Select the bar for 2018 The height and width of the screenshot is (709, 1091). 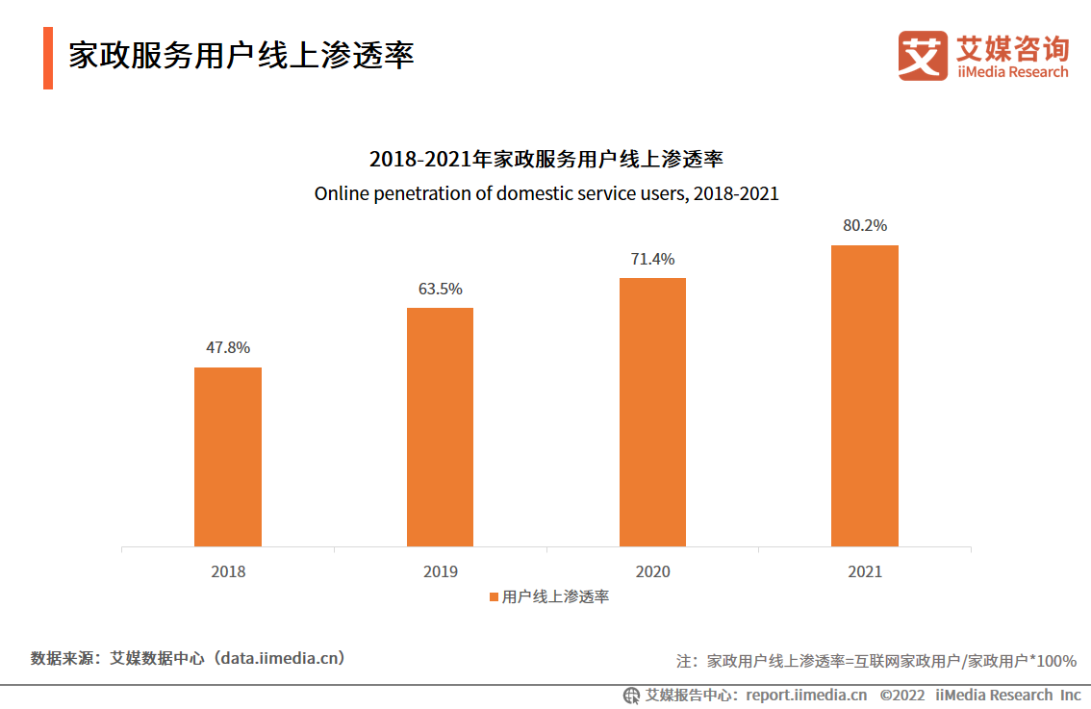click(228, 457)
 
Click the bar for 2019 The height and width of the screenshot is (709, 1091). click(440, 427)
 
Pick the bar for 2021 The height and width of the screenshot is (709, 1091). click(864, 395)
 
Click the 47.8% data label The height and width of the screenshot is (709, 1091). click(228, 347)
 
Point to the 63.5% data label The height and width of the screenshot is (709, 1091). click(440, 289)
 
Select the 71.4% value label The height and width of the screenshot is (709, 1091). click(652, 259)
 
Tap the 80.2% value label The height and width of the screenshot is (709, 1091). click(864, 225)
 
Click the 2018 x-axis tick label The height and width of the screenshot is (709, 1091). click(228, 571)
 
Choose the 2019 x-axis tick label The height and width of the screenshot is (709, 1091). click(440, 571)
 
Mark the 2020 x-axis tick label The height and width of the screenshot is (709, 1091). click(652, 571)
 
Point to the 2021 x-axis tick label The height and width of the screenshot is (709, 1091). click(864, 571)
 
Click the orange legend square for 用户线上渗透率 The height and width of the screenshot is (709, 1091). click(494, 597)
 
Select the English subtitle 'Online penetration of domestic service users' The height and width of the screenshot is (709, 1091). click(545, 193)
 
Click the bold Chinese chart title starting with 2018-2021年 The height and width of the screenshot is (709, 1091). click(545, 159)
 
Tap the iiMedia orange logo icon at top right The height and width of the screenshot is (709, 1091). click(922, 56)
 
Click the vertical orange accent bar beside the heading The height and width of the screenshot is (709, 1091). click(47, 58)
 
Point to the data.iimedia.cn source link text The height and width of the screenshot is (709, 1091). click(280, 659)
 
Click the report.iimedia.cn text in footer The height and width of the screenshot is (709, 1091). click(806, 695)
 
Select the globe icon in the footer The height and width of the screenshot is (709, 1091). click(631, 695)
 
